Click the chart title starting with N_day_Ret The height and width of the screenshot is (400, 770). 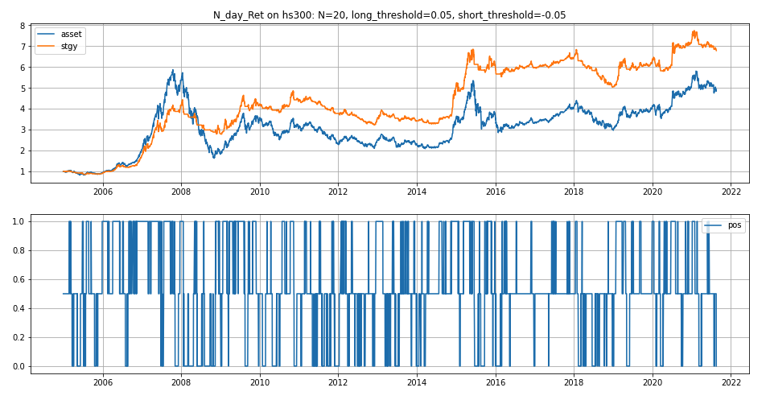click(384, 15)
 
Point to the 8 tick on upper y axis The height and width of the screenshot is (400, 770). click(23, 26)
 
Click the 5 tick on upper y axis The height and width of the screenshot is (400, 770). click(23, 89)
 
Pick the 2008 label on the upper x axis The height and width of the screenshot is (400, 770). click(181, 192)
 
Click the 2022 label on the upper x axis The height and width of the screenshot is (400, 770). click(731, 192)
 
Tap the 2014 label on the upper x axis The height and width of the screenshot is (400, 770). click(417, 192)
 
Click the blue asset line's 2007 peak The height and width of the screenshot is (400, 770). click(173, 70)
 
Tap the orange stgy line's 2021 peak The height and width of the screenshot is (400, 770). click(694, 31)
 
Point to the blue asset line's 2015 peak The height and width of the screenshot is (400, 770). click(473, 81)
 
